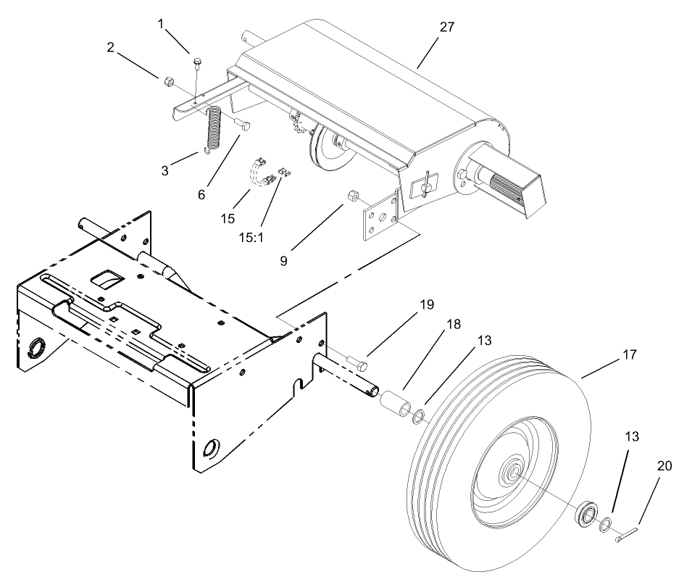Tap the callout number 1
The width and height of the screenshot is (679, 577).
point(161,25)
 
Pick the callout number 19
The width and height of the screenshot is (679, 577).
point(428,304)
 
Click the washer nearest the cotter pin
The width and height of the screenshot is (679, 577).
point(604,523)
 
